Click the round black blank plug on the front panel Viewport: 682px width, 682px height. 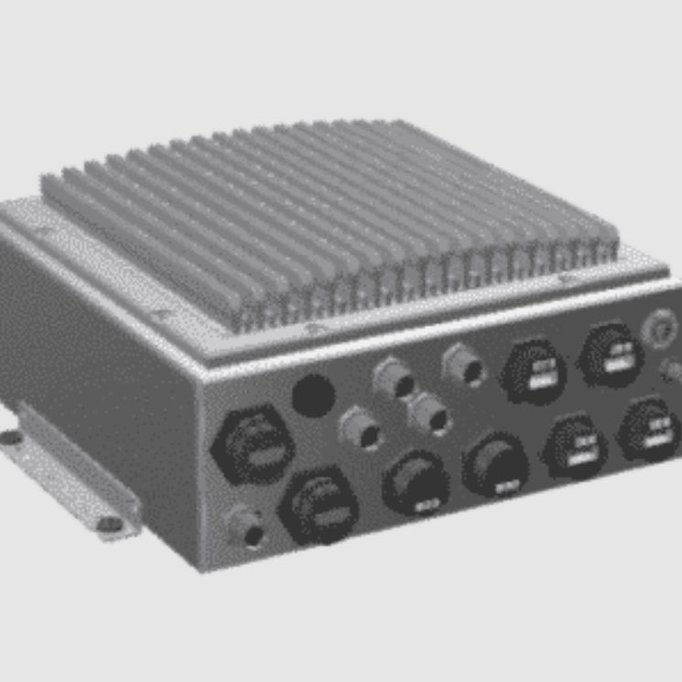(313, 395)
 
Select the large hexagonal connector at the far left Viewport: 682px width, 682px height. (254, 446)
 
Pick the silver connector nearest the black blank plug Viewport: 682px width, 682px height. (361, 430)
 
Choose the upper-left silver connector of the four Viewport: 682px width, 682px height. (394, 377)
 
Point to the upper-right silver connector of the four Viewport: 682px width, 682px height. (463, 366)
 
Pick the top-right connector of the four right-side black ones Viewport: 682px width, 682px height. (612, 353)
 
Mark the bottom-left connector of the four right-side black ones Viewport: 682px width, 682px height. (575, 444)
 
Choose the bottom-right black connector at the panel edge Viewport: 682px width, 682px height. (648, 428)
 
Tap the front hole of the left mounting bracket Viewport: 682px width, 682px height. (109, 524)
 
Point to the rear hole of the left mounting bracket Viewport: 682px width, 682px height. (10, 438)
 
